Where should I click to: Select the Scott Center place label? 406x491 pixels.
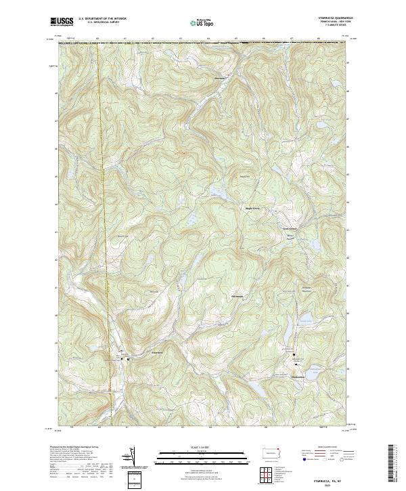290,228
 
